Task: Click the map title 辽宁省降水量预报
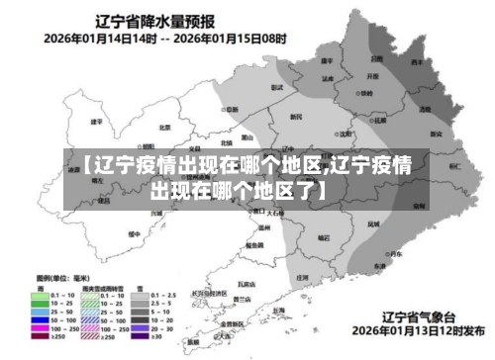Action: [157, 20]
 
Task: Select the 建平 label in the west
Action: [96, 122]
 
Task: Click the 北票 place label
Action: [164, 127]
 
